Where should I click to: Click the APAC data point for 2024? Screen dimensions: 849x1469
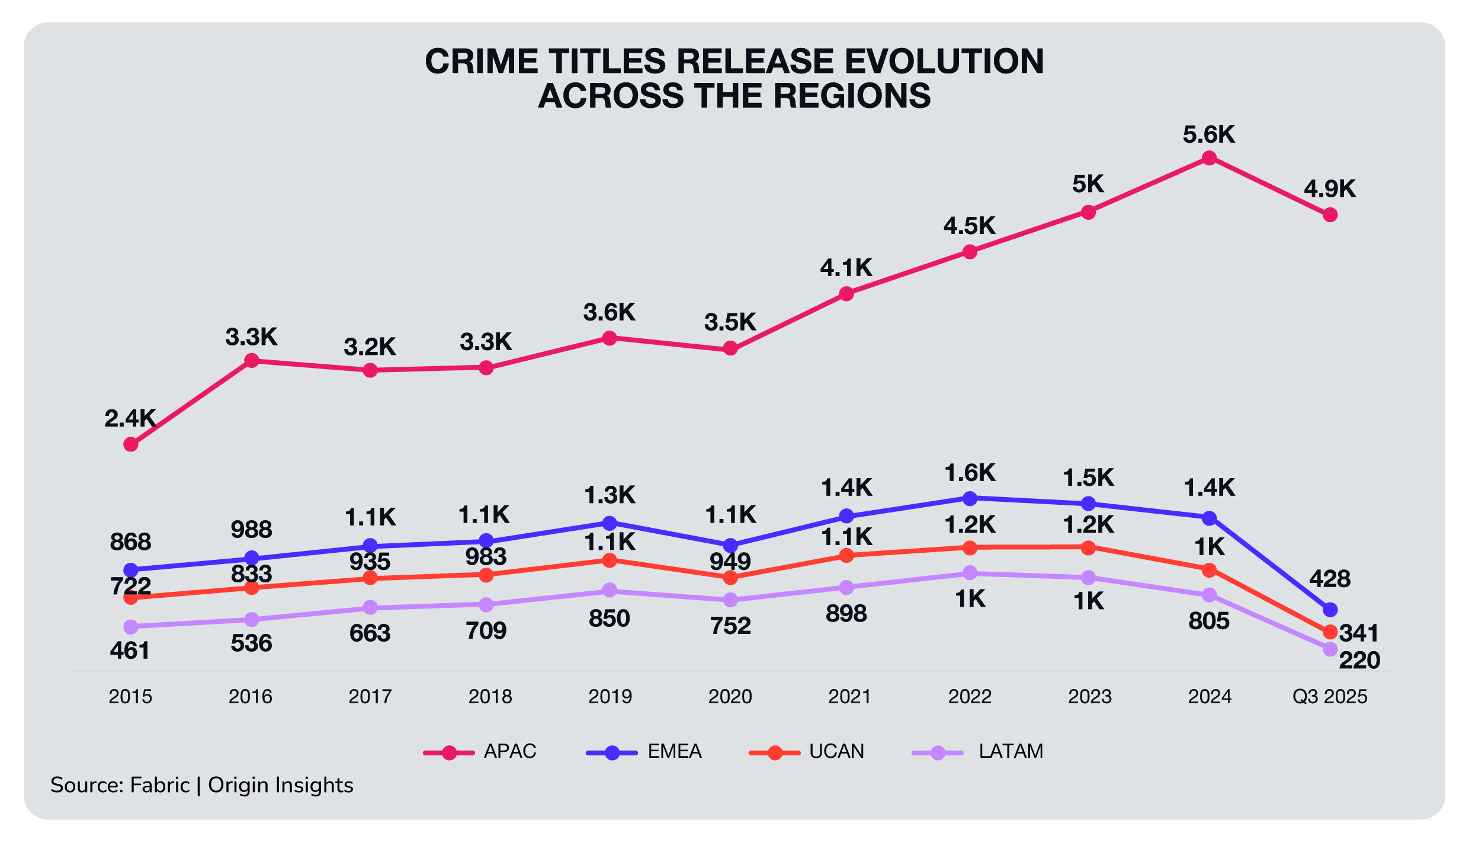pos(1209,158)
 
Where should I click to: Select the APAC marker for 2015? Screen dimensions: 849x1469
pos(131,444)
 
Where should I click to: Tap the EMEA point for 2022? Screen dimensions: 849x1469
pos(970,498)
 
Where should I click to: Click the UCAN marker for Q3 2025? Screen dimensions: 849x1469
pos(1330,632)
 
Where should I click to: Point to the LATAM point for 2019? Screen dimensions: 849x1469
pos(610,590)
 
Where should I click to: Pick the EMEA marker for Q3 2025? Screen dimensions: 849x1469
pos(1330,609)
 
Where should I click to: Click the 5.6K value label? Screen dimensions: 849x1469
pos(1209,135)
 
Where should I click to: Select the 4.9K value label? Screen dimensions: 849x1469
pos(1330,189)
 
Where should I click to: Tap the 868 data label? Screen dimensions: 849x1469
pos(131,542)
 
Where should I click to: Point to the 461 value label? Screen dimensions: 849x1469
pos(130,651)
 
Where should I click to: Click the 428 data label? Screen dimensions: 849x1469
pos(1330,578)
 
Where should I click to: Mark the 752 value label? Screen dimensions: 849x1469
pos(730,626)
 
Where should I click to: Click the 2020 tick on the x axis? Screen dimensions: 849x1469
pos(730,696)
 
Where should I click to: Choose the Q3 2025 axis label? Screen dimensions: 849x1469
pos(1330,696)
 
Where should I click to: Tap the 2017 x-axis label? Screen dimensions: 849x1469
pos(370,696)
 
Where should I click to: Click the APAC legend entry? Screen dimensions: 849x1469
pos(509,751)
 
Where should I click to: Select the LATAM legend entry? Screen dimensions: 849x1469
pos(1011,751)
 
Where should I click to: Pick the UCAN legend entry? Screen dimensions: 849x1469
pos(836,751)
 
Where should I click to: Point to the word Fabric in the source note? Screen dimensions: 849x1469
pos(160,785)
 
